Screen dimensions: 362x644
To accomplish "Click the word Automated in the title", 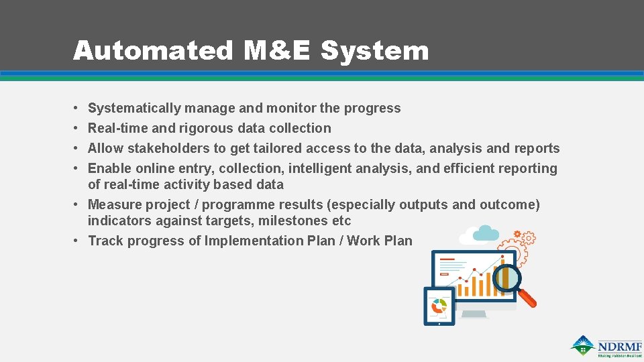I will (x=152, y=51).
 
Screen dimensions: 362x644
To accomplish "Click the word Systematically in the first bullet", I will (x=134, y=108).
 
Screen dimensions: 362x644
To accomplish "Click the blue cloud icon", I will (x=486, y=233).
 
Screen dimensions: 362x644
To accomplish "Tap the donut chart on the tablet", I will (x=439, y=306).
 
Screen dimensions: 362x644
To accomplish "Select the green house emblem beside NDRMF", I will (x=583, y=345).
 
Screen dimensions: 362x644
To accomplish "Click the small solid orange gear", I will (x=517, y=235).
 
